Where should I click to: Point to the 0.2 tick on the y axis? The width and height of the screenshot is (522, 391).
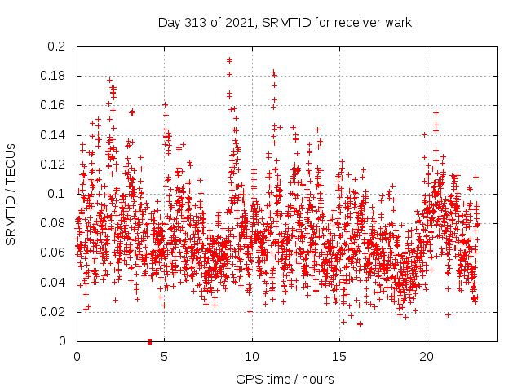click(x=57, y=46)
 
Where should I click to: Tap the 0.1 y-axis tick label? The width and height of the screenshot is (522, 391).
click(x=57, y=194)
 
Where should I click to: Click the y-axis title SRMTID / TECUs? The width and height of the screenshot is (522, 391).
click(x=11, y=195)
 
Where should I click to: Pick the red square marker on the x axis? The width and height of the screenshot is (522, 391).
click(x=149, y=341)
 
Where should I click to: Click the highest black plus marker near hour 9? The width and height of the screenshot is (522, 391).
click(x=229, y=59)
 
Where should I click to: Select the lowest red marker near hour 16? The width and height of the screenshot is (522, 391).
click(x=360, y=324)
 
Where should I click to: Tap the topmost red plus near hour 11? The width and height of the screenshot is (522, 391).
click(x=273, y=72)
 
